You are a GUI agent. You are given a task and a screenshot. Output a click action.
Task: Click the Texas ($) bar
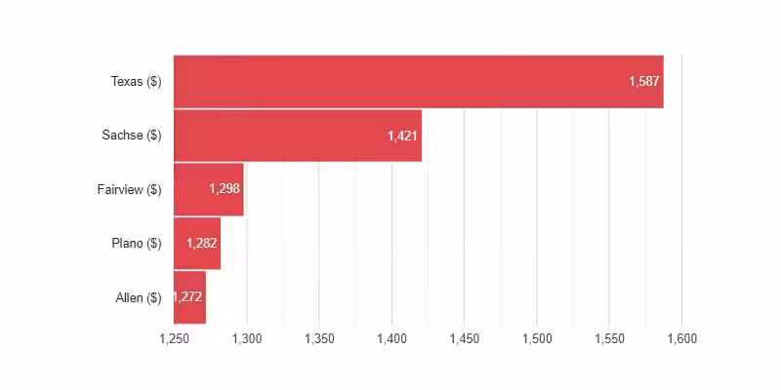point(419,82)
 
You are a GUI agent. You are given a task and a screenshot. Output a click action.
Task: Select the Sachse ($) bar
point(298,136)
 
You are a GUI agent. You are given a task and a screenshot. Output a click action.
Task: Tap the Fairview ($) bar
point(209,189)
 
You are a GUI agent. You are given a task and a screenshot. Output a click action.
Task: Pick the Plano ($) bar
point(197,243)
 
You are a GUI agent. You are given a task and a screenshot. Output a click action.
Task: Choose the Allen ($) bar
point(189,297)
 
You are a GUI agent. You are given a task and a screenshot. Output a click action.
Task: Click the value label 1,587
point(644,82)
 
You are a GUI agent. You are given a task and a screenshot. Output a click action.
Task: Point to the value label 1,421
point(402,136)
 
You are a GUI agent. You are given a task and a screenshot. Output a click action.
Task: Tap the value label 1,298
point(225,189)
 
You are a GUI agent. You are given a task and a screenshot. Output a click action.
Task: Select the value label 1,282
point(202,243)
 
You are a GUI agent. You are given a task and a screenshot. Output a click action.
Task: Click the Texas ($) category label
point(136,82)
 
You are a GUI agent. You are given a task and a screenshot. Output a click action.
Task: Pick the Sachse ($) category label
point(132,136)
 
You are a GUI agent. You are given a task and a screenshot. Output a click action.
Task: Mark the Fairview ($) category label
point(130,189)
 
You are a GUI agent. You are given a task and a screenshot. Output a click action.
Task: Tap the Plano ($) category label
point(137,244)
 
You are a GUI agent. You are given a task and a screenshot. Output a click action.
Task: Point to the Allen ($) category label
point(139,298)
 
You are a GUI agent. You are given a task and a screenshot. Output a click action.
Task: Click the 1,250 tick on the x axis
point(175,339)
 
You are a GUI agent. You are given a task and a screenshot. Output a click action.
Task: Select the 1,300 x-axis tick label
point(247,339)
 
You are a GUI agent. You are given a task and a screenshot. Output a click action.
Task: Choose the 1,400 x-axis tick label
point(392,339)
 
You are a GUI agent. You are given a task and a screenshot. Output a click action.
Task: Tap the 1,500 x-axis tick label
point(537,339)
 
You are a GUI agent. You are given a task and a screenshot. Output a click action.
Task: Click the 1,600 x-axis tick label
point(681,339)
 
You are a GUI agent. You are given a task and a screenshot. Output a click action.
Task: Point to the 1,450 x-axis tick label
point(465,339)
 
